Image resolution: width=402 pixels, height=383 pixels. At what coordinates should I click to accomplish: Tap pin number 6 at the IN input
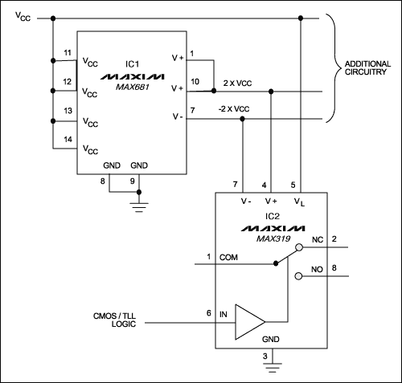point(210,313)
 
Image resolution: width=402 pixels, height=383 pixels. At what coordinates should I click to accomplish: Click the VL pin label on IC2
point(299,202)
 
